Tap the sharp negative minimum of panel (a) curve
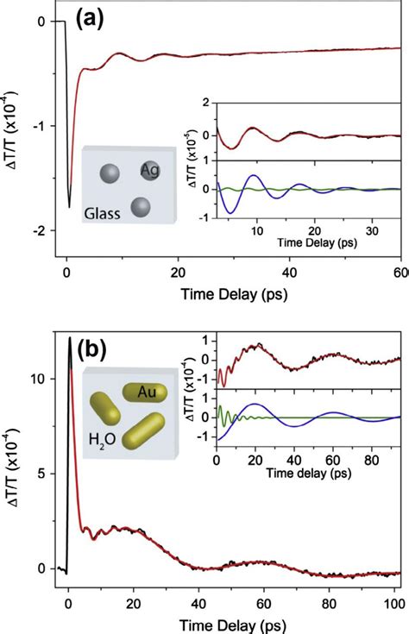69,207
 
